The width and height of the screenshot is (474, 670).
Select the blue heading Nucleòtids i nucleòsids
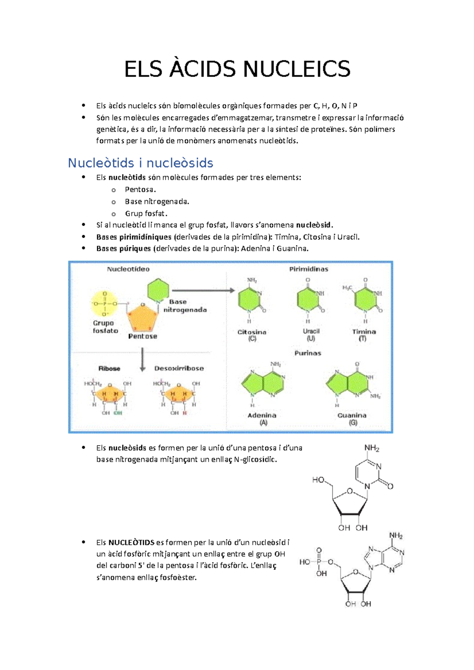pos(140,163)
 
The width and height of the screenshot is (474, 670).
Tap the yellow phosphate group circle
pos(105,304)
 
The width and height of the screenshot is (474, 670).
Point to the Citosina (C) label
pos(252,335)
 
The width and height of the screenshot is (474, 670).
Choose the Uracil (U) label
pos(311,335)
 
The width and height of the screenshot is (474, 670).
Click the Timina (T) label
pos(364,335)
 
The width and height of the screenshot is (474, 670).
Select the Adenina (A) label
pos(262,418)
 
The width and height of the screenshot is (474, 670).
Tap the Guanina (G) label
pos(352,418)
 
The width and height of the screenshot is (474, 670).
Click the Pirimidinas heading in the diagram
pos(308,269)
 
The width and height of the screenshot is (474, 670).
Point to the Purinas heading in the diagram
pos(308,353)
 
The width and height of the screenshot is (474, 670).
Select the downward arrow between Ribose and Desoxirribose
pos(143,359)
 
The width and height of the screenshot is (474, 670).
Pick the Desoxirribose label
pos(179,368)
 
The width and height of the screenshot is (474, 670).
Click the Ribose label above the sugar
pos(109,368)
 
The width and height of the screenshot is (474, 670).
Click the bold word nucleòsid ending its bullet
pos(314,225)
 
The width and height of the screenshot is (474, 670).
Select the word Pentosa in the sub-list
pos(140,189)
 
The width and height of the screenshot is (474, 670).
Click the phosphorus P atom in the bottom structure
pos(319,562)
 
